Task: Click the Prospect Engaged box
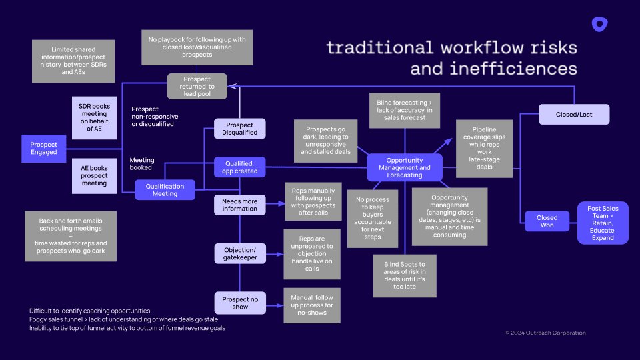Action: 44,148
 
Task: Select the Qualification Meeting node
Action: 165,190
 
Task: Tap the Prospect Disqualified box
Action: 239,129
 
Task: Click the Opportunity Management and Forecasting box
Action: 405,167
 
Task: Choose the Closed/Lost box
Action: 574,114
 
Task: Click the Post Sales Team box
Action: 603,223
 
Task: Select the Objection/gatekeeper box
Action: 239,253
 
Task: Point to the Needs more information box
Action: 239,205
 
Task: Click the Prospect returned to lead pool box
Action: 198,87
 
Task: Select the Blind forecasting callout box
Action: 404,110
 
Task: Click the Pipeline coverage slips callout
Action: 484,148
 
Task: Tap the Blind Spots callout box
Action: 405,275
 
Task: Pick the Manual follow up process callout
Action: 312,305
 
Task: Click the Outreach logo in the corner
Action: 599,25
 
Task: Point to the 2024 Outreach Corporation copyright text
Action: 545,333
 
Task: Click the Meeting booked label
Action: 141,164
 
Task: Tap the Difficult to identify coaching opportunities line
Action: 89,311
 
